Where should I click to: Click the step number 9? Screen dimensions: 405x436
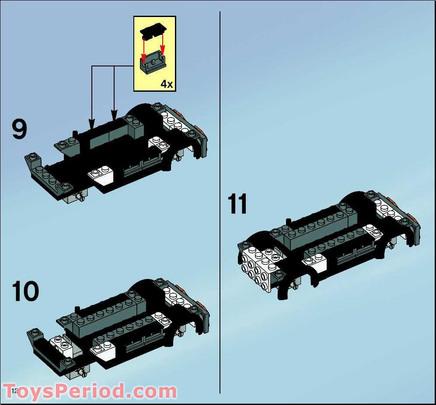(19, 130)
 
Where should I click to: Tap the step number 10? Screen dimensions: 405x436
(25, 291)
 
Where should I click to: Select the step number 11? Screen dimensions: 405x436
(238, 204)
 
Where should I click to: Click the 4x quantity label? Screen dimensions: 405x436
(166, 83)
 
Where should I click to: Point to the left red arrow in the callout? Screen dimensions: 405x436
(143, 48)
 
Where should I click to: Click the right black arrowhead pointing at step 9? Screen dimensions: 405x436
(115, 117)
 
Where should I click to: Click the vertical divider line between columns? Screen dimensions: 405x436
(220, 201)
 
